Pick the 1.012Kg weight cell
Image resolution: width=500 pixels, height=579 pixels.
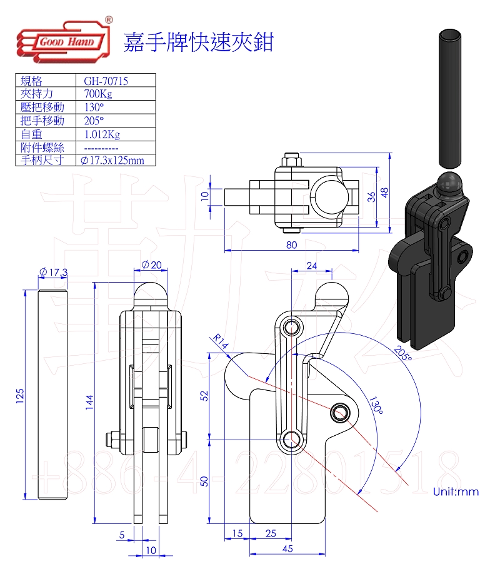(x=102, y=134)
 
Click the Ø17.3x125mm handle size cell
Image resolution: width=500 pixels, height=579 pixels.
(x=112, y=161)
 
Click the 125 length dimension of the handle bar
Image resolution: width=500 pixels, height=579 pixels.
(x=19, y=395)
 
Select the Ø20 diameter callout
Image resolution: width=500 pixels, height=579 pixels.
(x=151, y=265)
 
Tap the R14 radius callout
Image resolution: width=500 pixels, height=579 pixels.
(x=219, y=341)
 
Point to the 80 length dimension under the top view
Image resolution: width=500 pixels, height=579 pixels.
(x=291, y=244)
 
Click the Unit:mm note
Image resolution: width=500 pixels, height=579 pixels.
(x=456, y=491)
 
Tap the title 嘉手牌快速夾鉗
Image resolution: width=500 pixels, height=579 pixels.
(x=199, y=43)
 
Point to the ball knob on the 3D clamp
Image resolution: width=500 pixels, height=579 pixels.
(x=447, y=183)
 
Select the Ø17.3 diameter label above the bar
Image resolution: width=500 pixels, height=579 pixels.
(x=52, y=272)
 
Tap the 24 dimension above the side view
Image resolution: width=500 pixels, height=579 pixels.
(x=311, y=266)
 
